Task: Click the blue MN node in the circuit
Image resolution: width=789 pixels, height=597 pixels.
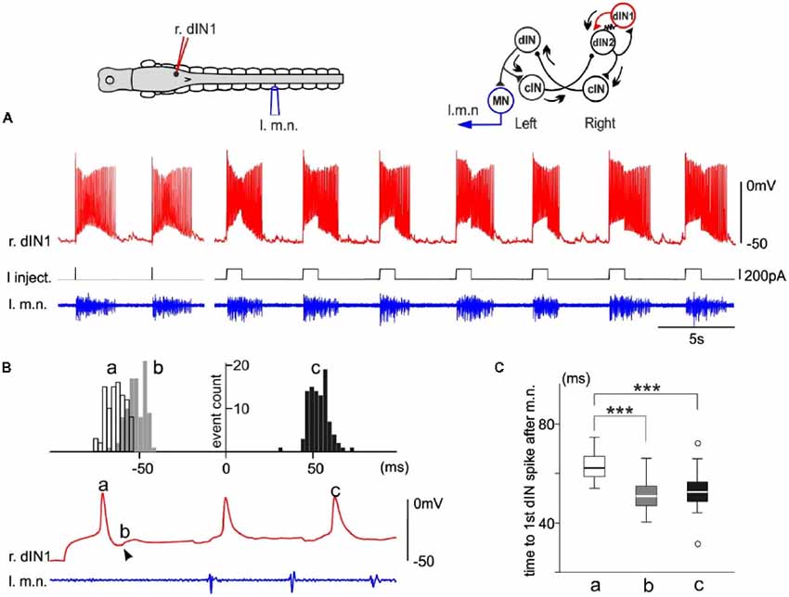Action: [499, 99]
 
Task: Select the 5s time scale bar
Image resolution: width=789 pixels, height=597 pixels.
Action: [696, 326]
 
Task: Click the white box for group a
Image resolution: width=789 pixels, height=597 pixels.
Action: [594, 465]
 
